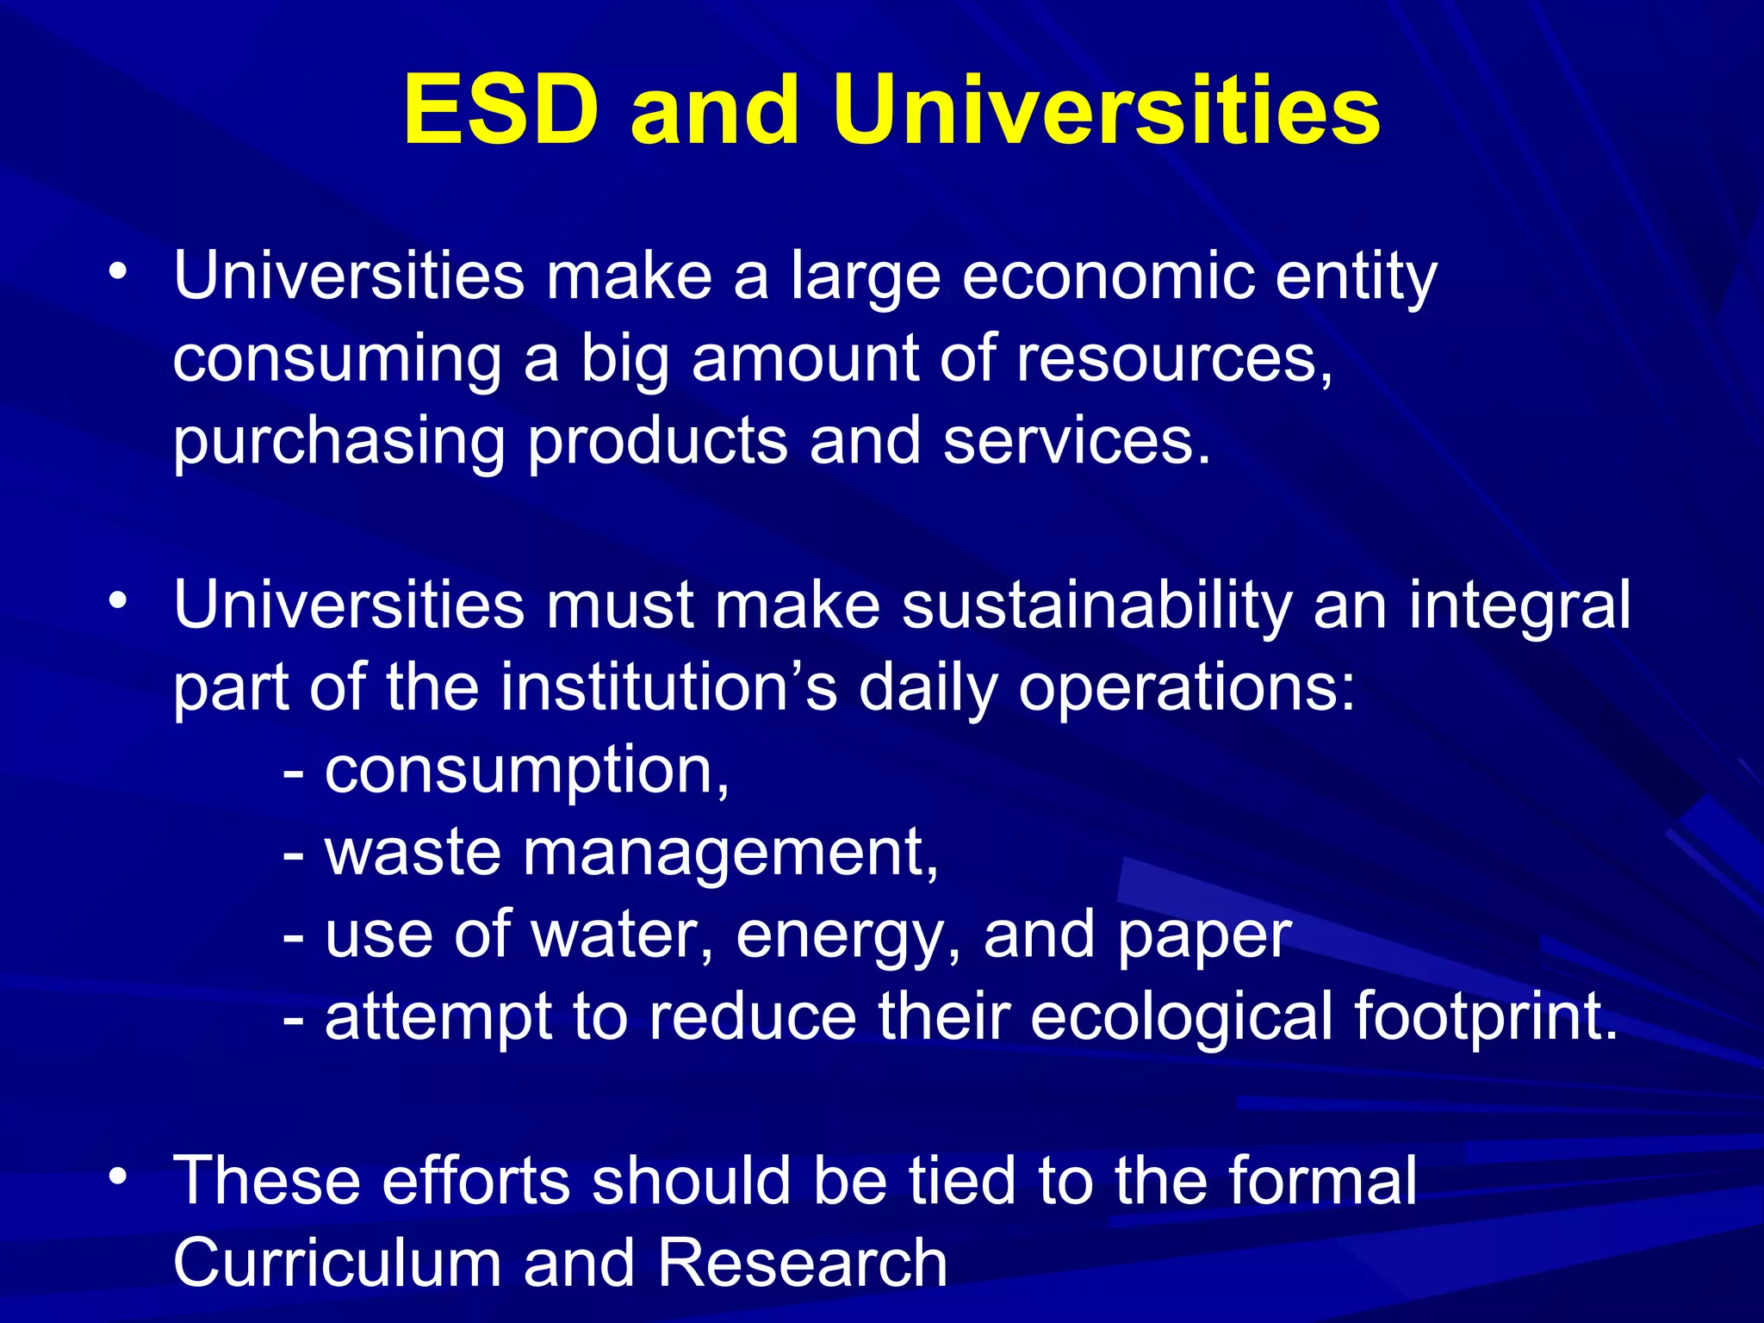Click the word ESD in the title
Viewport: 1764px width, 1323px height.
pos(500,111)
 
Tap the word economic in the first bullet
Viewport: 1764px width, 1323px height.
pos(1107,276)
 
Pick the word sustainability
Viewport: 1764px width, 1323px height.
pos(1096,605)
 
